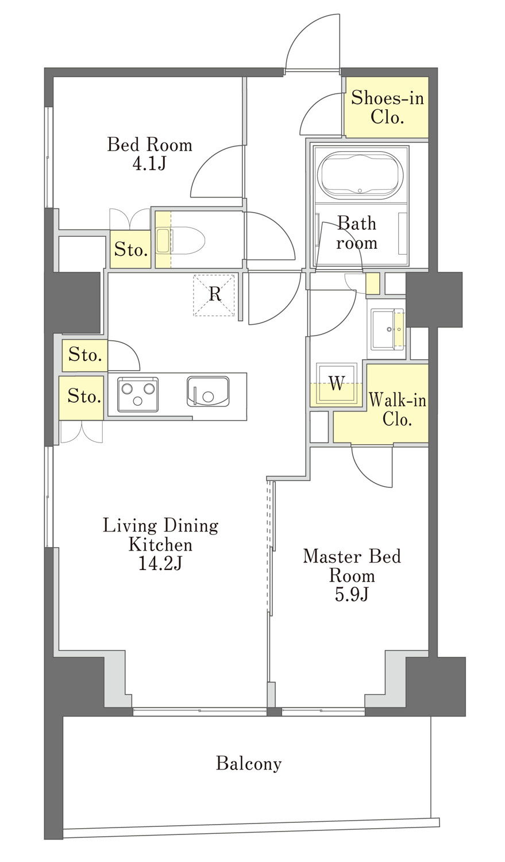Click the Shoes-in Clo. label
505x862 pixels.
click(x=387, y=107)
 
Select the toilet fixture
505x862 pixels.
click(x=180, y=241)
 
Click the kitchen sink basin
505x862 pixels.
click(x=208, y=391)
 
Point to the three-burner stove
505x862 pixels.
click(x=138, y=394)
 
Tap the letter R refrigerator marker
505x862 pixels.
click(x=215, y=294)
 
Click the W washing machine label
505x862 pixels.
click(x=337, y=383)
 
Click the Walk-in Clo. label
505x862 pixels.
click(x=398, y=410)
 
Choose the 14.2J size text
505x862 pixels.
click(x=160, y=564)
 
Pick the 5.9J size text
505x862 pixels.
click(x=352, y=595)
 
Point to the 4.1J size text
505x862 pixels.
click(x=149, y=164)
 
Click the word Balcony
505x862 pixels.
click(x=248, y=764)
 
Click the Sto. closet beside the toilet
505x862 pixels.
click(x=131, y=250)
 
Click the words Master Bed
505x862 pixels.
click(x=352, y=556)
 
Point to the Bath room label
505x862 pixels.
click(x=357, y=233)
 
